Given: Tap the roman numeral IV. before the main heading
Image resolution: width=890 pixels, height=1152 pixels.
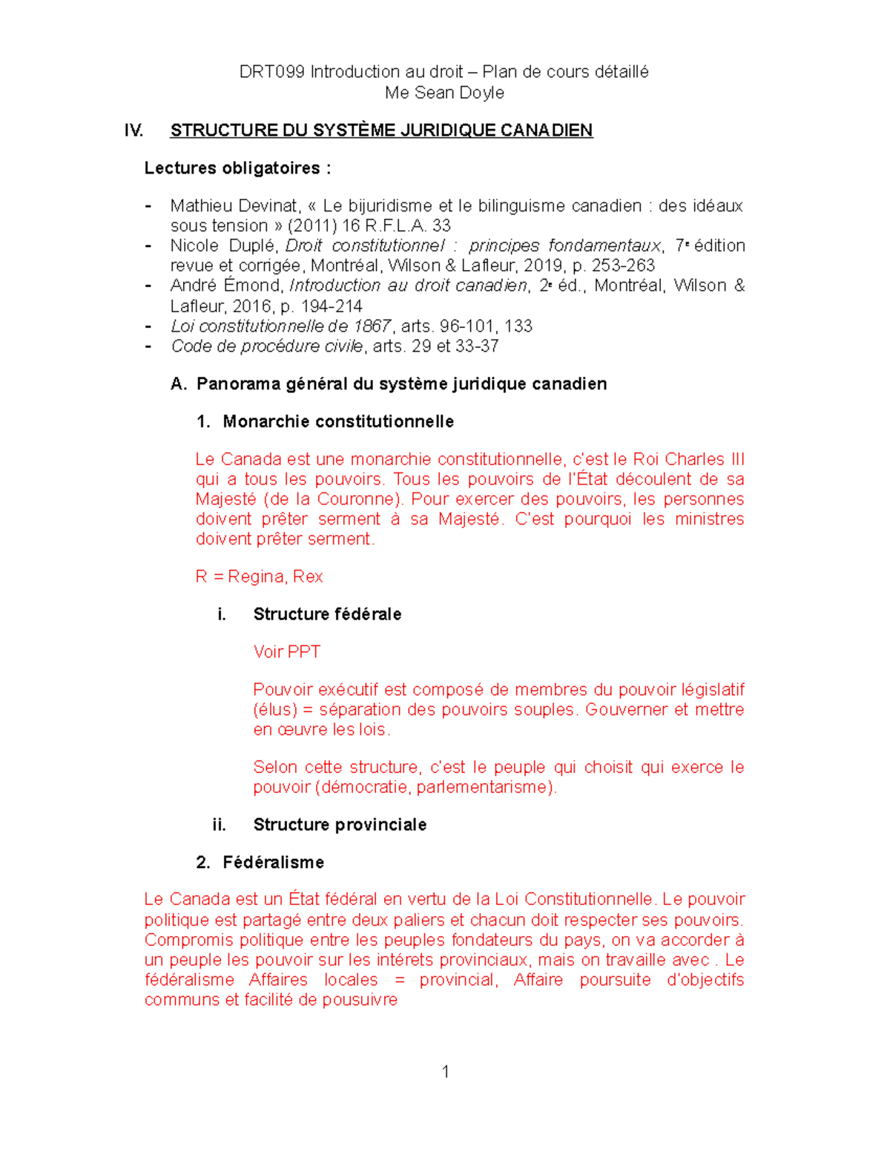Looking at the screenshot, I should click(133, 131).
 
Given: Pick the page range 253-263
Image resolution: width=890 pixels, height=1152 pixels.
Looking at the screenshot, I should click(623, 266).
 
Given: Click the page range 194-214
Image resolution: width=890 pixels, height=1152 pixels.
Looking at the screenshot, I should click(332, 306).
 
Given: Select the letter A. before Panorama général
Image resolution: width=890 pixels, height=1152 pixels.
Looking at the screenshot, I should click(178, 384).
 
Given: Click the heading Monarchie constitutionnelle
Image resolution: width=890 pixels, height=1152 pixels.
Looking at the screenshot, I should click(338, 422).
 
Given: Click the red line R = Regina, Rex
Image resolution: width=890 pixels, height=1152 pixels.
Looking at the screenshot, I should click(259, 576).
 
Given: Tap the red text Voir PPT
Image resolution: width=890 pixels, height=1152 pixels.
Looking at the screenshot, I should click(286, 652).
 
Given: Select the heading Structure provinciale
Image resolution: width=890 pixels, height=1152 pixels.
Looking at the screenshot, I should click(340, 825).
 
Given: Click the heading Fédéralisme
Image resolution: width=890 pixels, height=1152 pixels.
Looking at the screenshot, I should click(273, 863).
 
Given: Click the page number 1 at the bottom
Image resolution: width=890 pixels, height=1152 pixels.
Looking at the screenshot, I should click(445, 1071).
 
